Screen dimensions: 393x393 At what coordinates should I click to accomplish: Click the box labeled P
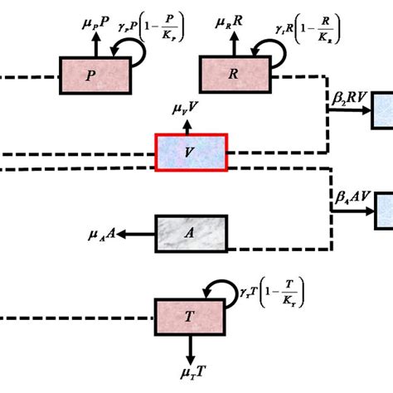[x=95, y=75]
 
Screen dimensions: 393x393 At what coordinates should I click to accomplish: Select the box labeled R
[x=237, y=75]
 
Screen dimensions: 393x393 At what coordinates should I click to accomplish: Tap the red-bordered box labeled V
[x=191, y=152]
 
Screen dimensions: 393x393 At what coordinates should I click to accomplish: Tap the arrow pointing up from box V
[x=191, y=123]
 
